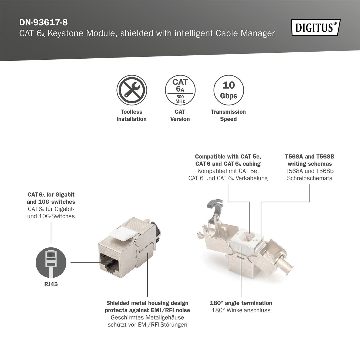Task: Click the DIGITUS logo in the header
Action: tap(316, 28)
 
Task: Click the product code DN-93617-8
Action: tap(43, 23)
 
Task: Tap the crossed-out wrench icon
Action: tap(132, 90)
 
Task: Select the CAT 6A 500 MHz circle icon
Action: tap(180, 90)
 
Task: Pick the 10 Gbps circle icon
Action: tap(228, 90)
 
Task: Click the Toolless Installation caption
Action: tap(132, 115)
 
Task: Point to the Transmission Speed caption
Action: tap(228, 115)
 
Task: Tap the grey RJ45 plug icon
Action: tap(51, 263)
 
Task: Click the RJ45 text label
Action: tap(51, 284)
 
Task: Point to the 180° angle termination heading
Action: tap(241, 303)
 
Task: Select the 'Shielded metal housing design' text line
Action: tap(147, 303)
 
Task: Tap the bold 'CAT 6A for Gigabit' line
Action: tap(51, 195)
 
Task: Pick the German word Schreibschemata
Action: tap(309, 178)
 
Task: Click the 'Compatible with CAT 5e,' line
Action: tap(228, 157)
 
